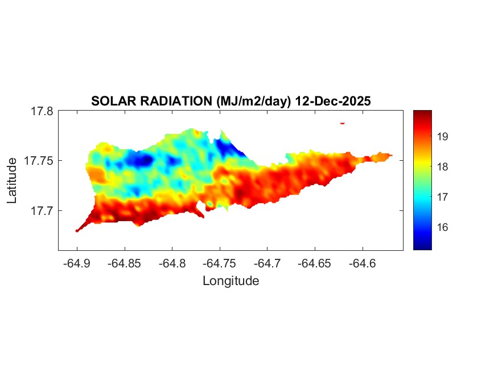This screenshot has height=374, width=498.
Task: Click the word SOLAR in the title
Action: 110,101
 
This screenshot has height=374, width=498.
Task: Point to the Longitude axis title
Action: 231,280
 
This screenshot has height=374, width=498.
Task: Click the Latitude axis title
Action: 12,180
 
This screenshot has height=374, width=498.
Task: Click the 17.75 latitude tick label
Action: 38,161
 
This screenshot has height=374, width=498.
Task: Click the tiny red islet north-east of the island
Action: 343,123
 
